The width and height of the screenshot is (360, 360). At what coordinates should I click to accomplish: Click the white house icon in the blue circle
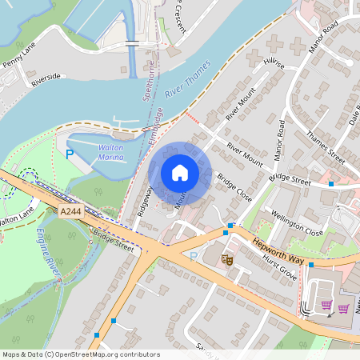coord(180,172)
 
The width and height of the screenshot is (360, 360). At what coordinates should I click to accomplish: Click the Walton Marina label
coord(110,153)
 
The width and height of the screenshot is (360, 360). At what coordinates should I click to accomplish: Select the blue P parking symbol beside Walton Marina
coord(70,154)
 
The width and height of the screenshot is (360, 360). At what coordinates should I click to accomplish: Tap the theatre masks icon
coord(226,259)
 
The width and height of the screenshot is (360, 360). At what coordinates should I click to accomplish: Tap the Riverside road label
coord(46,79)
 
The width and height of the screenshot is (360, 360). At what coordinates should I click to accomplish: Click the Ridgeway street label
coord(145,200)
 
